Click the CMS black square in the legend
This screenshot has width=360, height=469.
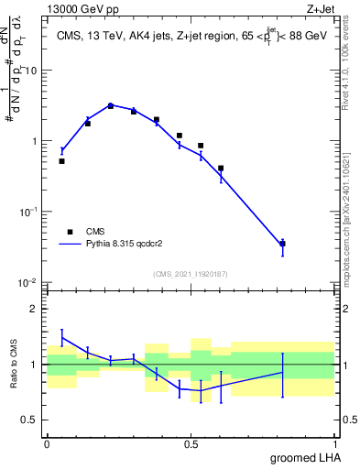pyautogui.click(x=66, y=232)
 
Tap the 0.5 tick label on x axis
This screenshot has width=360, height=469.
pyautogui.click(x=191, y=443)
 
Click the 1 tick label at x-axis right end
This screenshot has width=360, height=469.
pyautogui.click(x=335, y=443)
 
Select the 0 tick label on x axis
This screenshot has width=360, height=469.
pyautogui.click(x=47, y=443)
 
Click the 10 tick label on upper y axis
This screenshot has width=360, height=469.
pyautogui.click(x=31, y=71)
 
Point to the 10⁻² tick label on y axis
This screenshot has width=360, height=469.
pyautogui.click(x=29, y=282)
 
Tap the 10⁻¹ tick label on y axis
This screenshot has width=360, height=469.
pyautogui.click(x=29, y=212)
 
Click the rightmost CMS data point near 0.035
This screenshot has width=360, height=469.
pyautogui.click(x=282, y=244)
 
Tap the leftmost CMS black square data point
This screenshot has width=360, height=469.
pyautogui.click(x=61, y=161)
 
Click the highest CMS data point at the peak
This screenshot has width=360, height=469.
pyautogui.click(x=111, y=106)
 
